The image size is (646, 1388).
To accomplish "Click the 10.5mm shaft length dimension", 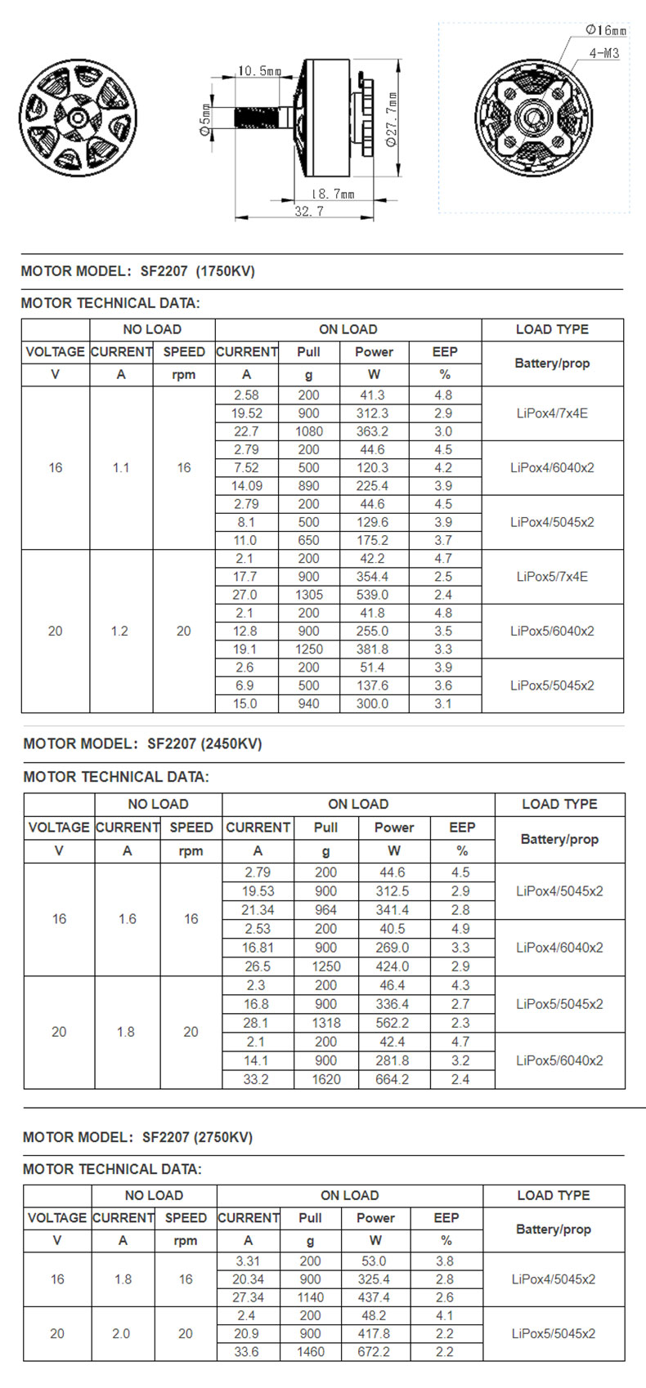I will click(x=259, y=71).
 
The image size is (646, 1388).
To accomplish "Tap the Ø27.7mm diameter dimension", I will click(x=392, y=119).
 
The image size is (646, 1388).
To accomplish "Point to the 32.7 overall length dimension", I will click(x=309, y=211).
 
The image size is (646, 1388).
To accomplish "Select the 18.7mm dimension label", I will click(x=332, y=194).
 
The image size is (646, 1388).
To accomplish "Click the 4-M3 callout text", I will click(x=603, y=53).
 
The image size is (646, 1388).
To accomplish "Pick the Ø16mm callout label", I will click(x=605, y=30).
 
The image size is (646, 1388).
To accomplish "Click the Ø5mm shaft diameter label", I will click(x=205, y=119).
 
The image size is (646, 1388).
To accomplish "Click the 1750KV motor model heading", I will click(x=137, y=271).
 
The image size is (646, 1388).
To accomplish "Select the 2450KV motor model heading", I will click(x=142, y=743).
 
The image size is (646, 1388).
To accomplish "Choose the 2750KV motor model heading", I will click(x=137, y=1136).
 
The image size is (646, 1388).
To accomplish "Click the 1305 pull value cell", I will click(x=309, y=595).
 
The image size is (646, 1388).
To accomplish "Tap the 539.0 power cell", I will click(x=372, y=595).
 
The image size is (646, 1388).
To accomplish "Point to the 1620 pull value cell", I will click(x=325, y=1079).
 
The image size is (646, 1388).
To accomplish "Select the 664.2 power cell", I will click(x=393, y=1079).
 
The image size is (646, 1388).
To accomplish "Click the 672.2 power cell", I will click(x=374, y=1351).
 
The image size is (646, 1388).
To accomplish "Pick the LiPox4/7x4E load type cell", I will click(x=552, y=413).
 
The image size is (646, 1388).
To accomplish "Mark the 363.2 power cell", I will click(x=372, y=431).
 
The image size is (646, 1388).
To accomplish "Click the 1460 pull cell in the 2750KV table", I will click(x=310, y=1351).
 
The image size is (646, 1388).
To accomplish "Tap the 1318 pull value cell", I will click(x=325, y=1023).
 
